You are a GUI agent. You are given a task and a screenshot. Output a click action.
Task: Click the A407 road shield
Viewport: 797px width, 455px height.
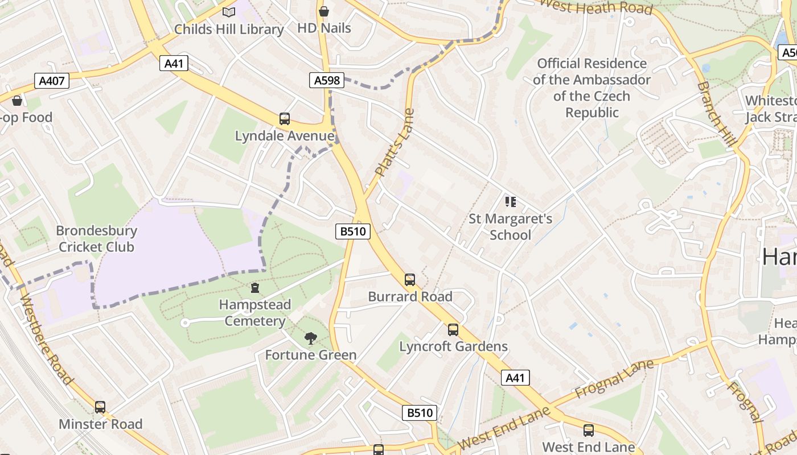coord(51,81)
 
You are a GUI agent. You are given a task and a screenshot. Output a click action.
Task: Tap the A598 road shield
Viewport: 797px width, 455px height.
coord(327,80)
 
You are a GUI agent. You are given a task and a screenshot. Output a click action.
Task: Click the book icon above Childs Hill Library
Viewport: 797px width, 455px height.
coord(229,12)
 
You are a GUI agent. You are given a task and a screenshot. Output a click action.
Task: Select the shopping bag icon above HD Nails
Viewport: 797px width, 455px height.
coord(324,11)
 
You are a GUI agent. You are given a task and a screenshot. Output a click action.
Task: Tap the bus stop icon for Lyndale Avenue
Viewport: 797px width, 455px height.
coord(285,119)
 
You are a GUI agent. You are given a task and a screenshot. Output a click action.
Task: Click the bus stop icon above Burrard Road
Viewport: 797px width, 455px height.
coord(410,279)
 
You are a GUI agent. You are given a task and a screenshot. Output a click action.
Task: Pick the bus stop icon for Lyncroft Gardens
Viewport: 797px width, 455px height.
coord(453,329)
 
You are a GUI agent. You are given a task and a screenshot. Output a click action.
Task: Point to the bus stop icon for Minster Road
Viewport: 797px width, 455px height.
coord(100,407)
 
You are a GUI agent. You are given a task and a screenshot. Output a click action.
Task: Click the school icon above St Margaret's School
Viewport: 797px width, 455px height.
coord(510,201)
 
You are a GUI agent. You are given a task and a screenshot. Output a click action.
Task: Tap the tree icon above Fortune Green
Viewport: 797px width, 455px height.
coord(310,338)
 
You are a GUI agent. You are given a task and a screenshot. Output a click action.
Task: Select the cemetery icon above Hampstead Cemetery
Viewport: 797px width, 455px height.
coord(255,288)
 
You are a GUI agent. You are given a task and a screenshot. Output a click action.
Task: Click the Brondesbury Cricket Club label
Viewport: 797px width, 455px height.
coord(97,239)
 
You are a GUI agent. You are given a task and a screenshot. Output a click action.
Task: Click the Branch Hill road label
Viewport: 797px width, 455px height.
coord(717,114)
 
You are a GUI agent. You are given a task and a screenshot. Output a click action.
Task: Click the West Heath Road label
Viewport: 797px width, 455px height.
coord(595,7)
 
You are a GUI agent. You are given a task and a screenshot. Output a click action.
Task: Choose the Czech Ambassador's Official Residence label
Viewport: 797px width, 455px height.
coord(591,88)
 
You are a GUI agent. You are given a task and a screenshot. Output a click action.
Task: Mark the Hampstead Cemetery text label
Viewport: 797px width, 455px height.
coord(255,313)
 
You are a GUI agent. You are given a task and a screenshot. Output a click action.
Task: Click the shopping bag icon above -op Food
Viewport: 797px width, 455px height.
coord(17,101)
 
